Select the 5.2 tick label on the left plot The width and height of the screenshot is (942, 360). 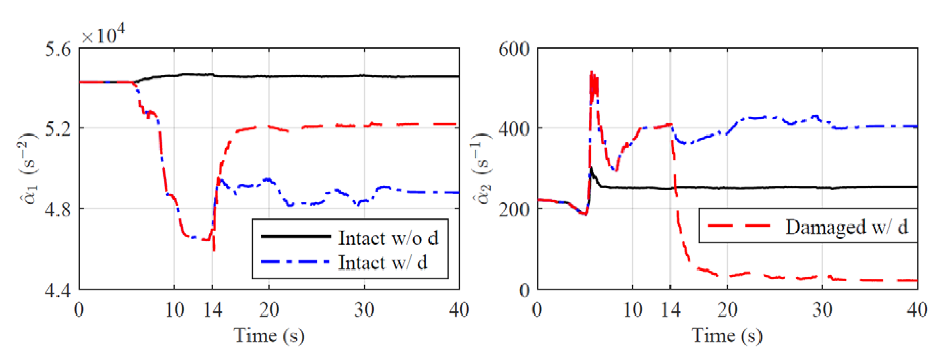tap(58, 129)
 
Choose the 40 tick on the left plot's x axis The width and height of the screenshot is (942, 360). tap(459, 310)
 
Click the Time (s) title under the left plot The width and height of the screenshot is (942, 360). tap(269, 335)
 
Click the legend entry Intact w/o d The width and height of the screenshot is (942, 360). tap(388, 238)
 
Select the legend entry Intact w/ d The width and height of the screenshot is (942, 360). tap(382, 263)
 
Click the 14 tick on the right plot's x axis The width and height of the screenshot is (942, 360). tap(671, 310)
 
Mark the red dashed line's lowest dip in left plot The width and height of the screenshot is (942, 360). tap(213, 250)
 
